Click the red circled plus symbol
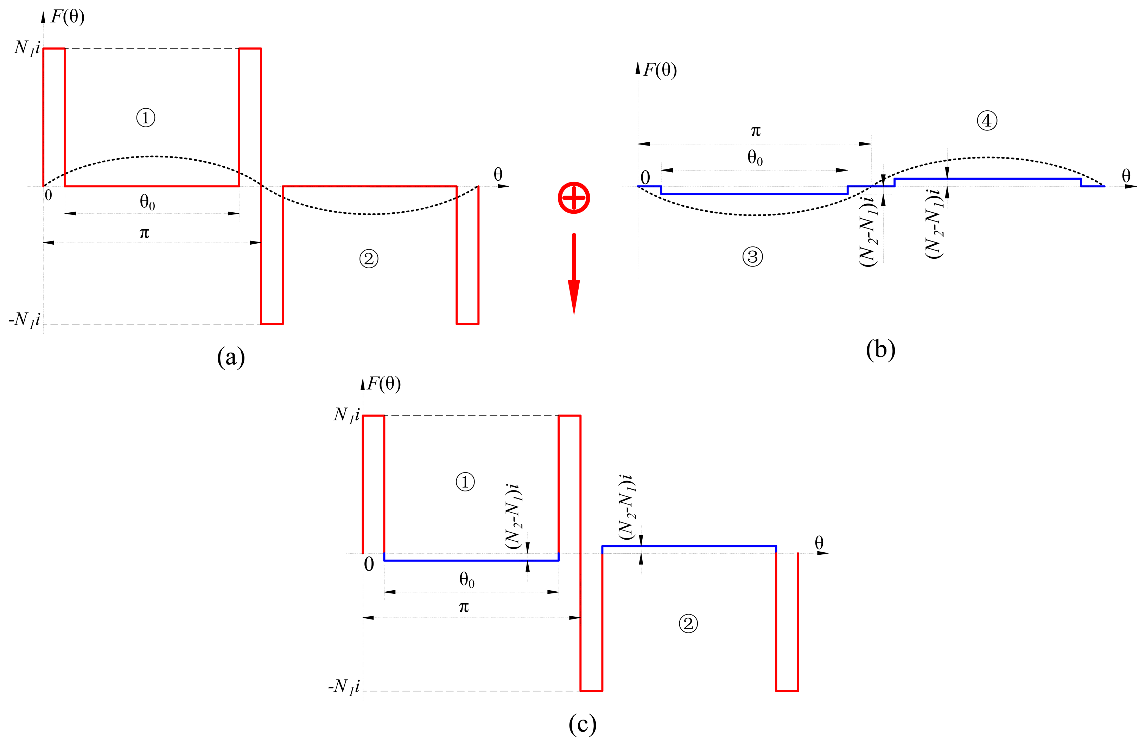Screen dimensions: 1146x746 (x=573, y=198)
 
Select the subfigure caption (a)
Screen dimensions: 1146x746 (x=231, y=358)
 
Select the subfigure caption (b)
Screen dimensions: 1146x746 (x=880, y=349)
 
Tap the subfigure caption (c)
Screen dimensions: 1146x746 (x=582, y=724)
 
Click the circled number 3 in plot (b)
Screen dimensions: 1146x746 (x=753, y=257)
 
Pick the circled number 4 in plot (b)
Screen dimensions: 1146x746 (x=987, y=121)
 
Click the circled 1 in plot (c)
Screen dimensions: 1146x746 (x=465, y=482)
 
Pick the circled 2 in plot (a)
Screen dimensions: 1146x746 (x=369, y=259)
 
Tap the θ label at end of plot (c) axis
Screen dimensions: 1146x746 (x=819, y=542)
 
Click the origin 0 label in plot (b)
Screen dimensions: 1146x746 (x=645, y=178)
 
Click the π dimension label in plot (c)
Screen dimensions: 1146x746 (x=464, y=607)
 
